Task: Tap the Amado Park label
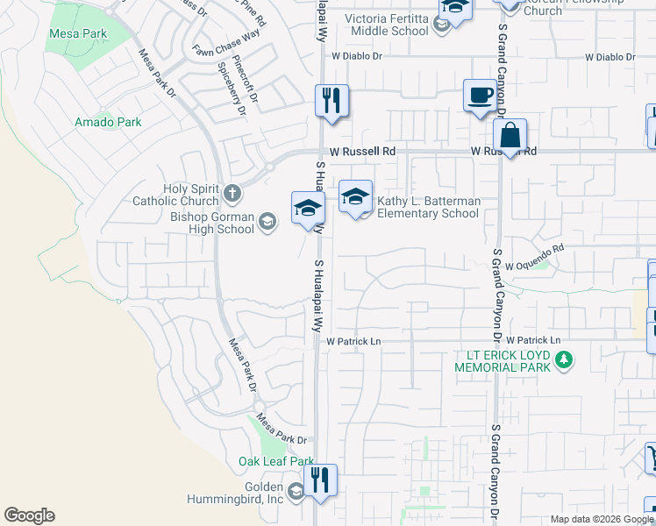[x=108, y=122]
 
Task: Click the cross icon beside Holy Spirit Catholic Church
[x=232, y=191]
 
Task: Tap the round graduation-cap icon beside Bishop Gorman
[x=267, y=224]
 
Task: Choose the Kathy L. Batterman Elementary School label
[x=428, y=207]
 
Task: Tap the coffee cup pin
[x=480, y=95]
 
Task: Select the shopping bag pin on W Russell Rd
[x=510, y=136]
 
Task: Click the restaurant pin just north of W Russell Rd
[x=332, y=101]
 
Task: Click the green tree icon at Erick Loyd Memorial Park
[x=564, y=359]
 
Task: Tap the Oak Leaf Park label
[x=275, y=461]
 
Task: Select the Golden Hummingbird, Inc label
[x=235, y=493]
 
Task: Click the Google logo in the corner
[x=30, y=515]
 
